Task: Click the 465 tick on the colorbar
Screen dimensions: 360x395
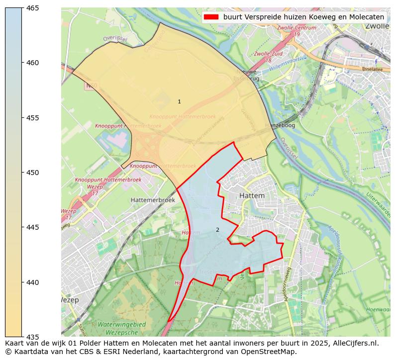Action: click(x=33, y=8)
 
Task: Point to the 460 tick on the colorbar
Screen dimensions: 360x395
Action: click(x=33, y=63)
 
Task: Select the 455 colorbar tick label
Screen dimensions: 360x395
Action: click(x=33, y=118)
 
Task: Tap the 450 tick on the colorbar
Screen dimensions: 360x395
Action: click(x=33, y=173)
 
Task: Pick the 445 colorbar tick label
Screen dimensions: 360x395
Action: click(x=33, y=227)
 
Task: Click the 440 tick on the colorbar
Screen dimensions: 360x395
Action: click(x=33, y=282)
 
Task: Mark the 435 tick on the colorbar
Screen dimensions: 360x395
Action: click(x=33, y=337)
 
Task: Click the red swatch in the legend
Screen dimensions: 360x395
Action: click(x=211, y=17)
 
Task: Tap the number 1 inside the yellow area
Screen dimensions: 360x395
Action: click(x=179, y=101)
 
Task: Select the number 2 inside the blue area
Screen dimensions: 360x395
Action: click(x=217, y=230)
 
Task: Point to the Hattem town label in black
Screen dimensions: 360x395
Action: click(x=252, y=196)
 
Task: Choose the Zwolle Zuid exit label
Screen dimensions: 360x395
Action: click(x=269, y=54)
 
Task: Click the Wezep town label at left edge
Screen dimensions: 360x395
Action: click(x=68, y=301)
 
